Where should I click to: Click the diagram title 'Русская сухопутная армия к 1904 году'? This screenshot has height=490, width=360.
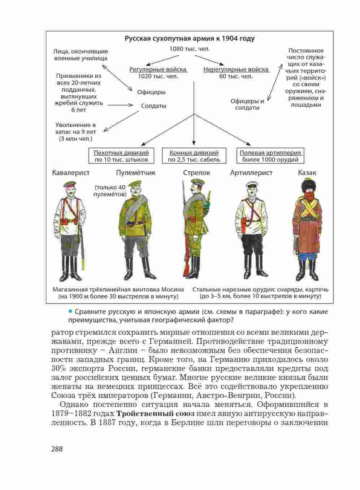pos(189,39)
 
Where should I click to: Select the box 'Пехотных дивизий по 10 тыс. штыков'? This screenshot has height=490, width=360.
pos(121,156)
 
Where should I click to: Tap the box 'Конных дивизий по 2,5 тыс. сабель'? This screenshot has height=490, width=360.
pos(194,156)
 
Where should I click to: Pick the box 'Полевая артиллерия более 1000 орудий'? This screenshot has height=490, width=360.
pos(270,156)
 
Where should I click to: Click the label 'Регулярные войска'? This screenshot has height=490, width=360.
pos(158,69)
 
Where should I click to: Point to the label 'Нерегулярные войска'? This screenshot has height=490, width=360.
pos(236,69)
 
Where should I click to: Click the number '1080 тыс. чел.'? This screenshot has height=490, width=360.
pos(190,49)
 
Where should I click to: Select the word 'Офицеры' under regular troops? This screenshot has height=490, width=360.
pos(151,92)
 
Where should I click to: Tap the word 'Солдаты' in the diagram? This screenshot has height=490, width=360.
pos(153,106)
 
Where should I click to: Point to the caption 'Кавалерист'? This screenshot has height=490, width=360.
pos(71,172)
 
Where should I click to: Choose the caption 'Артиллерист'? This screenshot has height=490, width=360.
pos(251,172)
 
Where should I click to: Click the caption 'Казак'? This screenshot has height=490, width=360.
pos(307,172)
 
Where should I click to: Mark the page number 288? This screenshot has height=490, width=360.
pos(57,449)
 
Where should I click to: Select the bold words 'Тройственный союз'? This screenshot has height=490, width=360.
pos(155,413)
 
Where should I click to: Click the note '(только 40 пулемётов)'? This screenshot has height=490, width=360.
pos(110,191)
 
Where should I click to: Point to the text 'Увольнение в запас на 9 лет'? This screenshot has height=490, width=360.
pos(75,128)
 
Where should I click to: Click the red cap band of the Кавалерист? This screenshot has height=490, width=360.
pos(69,187)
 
